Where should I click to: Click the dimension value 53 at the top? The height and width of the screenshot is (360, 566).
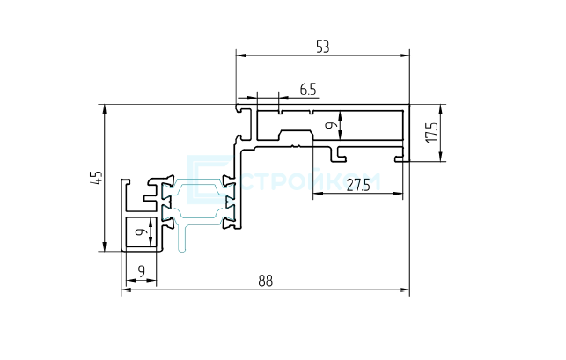click(323, 48)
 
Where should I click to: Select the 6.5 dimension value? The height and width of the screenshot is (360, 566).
click(308, 89)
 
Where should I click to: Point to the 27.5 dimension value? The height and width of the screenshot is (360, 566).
click(358, 186)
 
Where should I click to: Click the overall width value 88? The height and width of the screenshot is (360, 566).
click(266, 281)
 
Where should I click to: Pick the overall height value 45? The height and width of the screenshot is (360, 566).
click(96, 178)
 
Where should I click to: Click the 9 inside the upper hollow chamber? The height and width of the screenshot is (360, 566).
click(331, 125)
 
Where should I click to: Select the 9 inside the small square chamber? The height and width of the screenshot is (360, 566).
click(142, 231)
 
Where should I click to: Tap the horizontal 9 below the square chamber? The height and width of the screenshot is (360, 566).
click(141, 270)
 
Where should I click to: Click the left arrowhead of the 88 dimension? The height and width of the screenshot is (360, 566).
click(126, 290)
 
